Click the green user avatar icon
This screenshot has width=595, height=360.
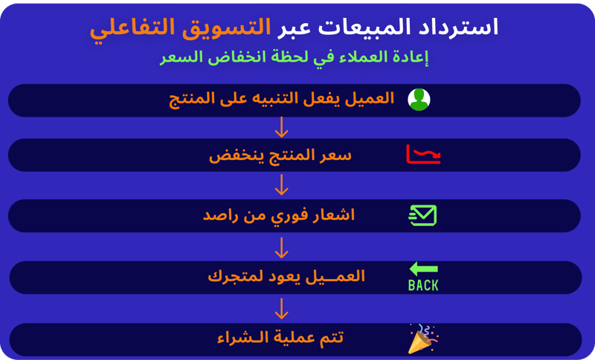coord(419,100)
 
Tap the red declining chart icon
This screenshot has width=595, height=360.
coord(423,155)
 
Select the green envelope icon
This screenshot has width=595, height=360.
coord(422,216)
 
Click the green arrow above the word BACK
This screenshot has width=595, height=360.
coord(423,269)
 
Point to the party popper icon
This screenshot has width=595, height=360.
coord(422,338)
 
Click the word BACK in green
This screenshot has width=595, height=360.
coord(423,286)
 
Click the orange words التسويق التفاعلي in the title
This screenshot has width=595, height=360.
coord(180,28)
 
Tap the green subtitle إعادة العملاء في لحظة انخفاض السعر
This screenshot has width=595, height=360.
coord(294,57)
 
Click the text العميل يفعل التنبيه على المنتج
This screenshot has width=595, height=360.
coord(281,100)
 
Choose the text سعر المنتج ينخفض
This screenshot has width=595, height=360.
coord(280,155)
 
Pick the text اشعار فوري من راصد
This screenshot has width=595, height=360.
coord(278,216)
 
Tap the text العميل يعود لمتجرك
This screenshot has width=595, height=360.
coord(286,276)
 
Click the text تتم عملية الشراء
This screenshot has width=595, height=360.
coord(280,337)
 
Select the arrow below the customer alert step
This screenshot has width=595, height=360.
coord(281,127)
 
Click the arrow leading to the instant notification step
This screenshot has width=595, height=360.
coord(281,184)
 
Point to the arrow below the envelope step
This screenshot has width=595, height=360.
coord(281,248)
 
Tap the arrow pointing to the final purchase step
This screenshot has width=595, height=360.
coord(281,309)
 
